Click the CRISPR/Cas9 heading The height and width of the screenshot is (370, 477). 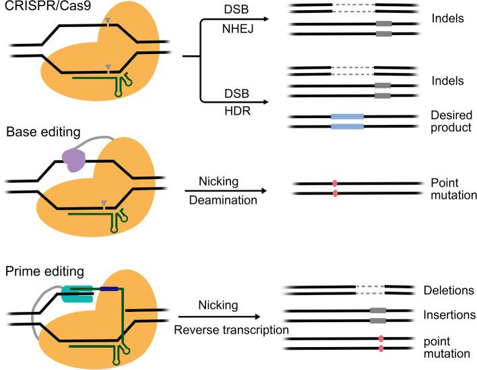tap(35, 9)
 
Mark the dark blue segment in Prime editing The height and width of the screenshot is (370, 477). tap(109, 289)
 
